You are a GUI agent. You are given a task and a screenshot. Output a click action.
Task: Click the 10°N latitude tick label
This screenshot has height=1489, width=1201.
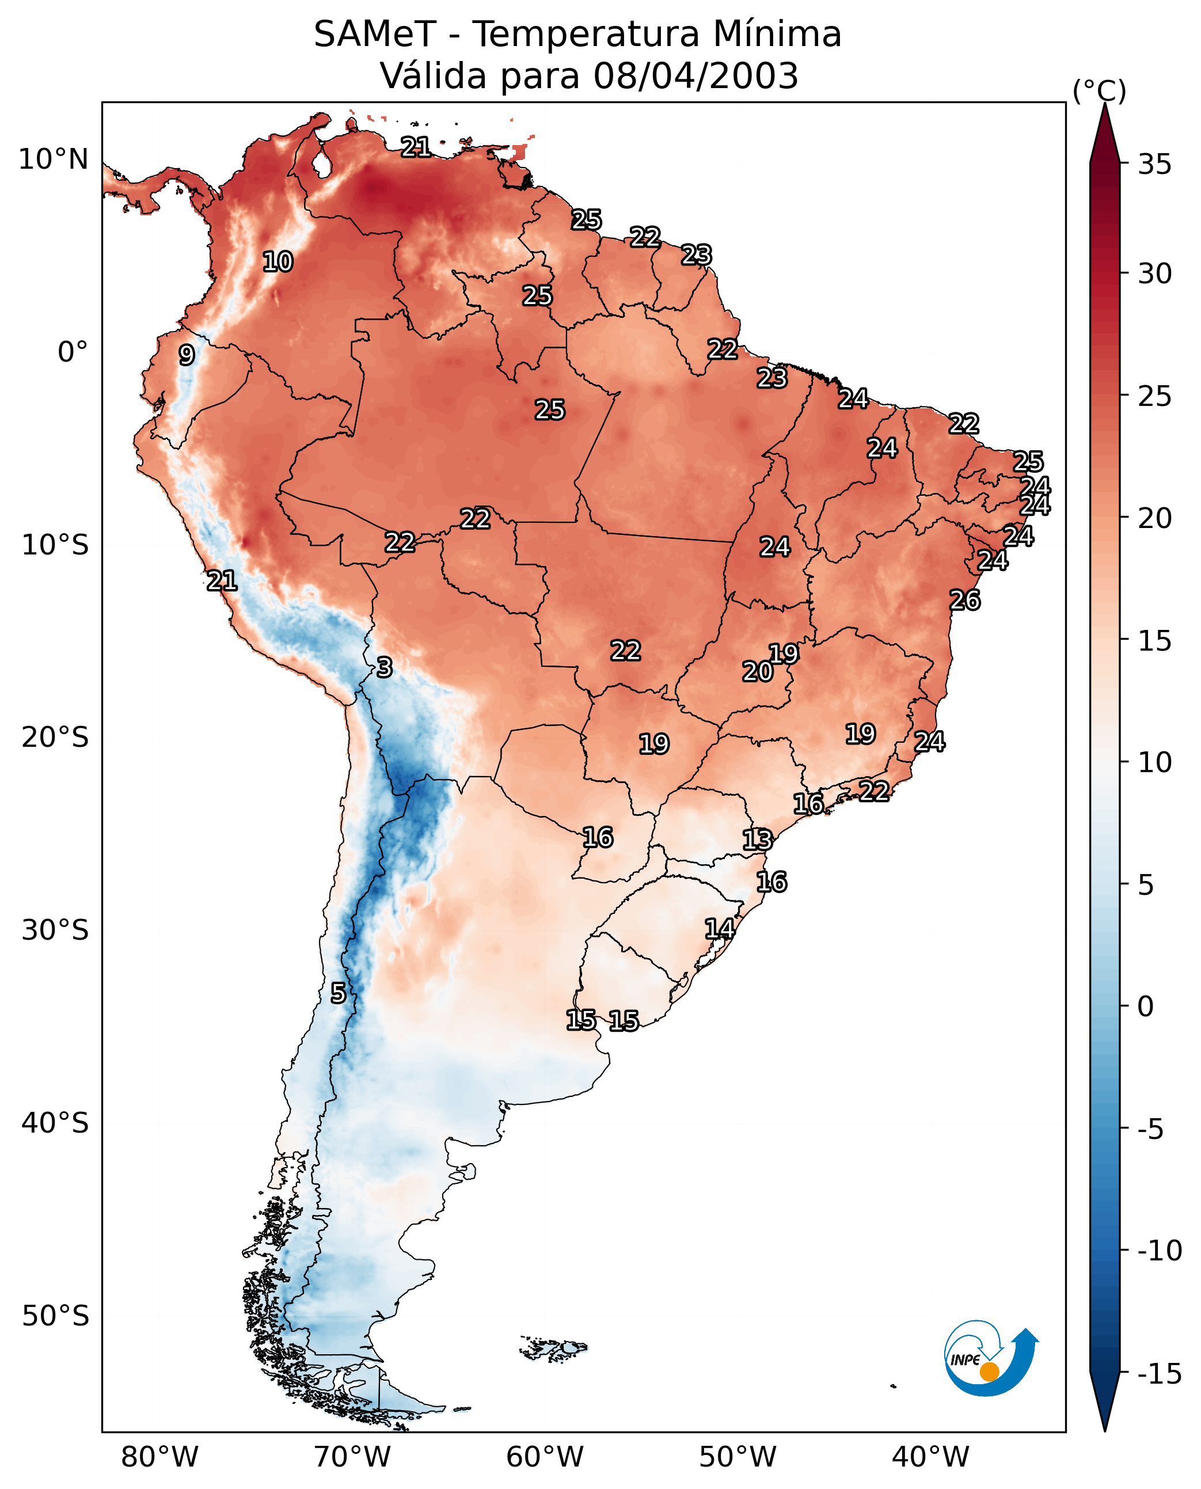click(x=54, y=160)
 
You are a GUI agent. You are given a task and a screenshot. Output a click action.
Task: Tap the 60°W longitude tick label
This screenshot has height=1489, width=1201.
click(x=545, y=1457)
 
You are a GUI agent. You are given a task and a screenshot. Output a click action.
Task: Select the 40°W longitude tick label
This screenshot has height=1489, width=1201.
click(x=930, y=1457)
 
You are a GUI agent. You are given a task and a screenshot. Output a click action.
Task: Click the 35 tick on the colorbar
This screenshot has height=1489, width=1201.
click(x=1154, y=165)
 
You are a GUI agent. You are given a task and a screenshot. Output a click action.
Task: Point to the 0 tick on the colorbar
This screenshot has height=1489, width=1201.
click(x=1146, y=1006)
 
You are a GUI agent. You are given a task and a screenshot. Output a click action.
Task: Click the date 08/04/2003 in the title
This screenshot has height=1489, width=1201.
click(x=695, y=75)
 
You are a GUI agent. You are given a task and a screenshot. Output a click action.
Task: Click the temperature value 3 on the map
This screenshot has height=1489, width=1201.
click(x=385, y=667)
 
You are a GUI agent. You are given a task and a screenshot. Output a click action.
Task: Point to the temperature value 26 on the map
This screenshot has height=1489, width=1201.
click(x=964, y=600)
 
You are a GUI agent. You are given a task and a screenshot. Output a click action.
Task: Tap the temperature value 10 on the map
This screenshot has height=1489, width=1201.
click(x=278, y=261)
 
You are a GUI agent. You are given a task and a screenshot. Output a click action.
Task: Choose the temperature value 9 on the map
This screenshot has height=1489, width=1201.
click(x=187, y=355)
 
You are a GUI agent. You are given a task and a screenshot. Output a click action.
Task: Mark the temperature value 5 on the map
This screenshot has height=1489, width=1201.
click(x=337, y=993)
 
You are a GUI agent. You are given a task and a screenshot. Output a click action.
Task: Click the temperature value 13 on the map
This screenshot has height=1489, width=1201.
click(x=757, y=840)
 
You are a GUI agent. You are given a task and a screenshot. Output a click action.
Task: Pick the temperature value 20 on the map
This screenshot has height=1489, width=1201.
click(x=758, y=671)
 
